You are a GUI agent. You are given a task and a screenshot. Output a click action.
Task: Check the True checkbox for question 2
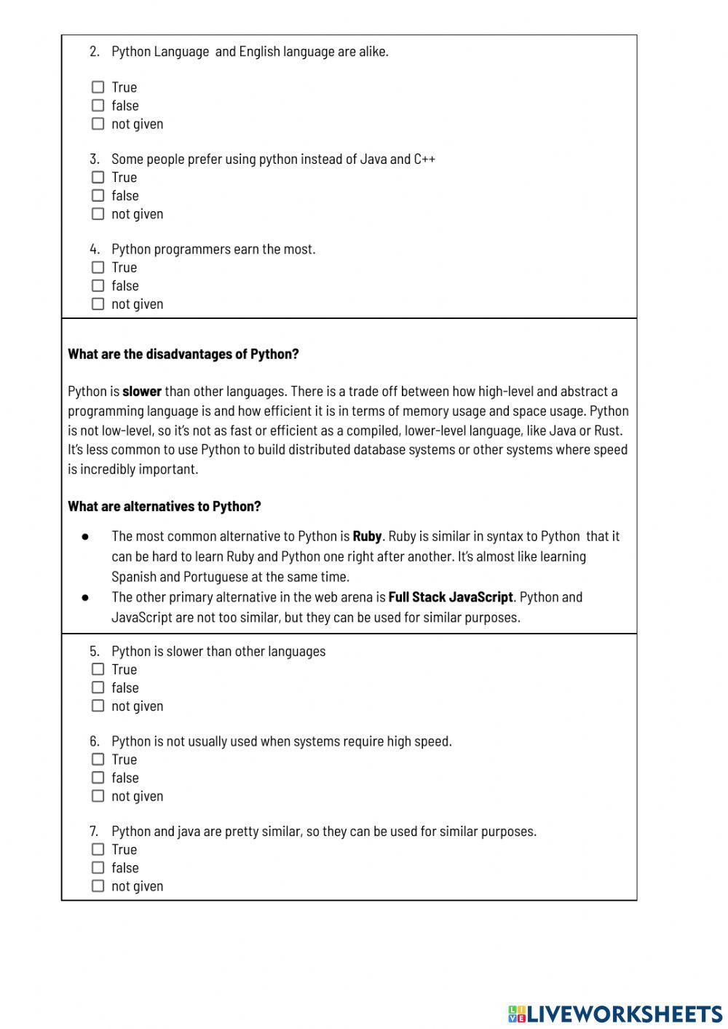pos(98,87)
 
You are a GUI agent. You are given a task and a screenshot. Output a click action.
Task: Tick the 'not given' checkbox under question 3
pos(98,214)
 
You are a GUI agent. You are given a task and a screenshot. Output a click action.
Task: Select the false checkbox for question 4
pos(98,286)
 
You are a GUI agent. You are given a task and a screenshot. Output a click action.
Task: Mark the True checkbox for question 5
pos(98,669)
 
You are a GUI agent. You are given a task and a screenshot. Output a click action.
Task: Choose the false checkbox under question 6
pos(98,778)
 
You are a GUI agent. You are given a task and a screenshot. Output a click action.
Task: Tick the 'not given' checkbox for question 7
pos(98,886)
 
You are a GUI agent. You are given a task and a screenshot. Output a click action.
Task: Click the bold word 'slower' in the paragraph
pos(142,392)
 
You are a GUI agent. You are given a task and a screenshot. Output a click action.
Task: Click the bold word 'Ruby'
pos(367,537)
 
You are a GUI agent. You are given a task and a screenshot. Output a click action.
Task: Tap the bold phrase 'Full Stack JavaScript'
pos(451,597)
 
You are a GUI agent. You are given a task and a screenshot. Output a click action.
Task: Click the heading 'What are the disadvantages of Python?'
pos(183,355)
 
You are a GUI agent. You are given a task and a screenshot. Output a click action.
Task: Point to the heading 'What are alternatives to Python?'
pos(165,506)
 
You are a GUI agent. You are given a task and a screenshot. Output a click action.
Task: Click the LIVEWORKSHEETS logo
pos(615,1014)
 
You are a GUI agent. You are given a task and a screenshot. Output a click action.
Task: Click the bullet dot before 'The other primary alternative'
pos(85,597)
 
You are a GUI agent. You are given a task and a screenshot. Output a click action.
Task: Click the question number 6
pos(94,741)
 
